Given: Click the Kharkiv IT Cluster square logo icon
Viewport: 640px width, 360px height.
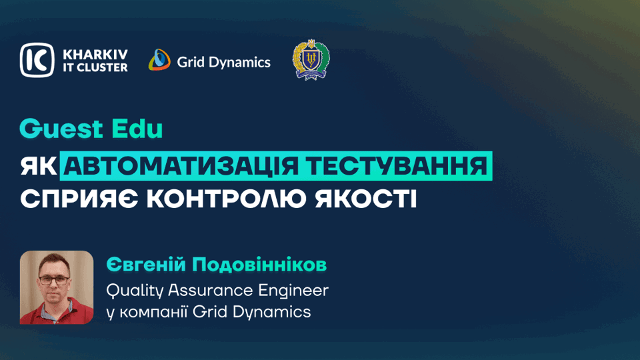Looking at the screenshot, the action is tap(37, 60).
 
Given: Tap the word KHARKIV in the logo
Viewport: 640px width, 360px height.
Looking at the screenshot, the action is tap(95, 54).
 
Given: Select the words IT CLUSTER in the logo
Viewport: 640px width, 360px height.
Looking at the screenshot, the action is tap(95, 68).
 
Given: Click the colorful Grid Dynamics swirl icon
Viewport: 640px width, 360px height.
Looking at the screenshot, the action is tap(159, 60).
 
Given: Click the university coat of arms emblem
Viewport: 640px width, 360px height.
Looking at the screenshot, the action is tap(311, 59).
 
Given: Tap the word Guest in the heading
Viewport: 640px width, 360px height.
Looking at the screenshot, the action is tap(61, 129).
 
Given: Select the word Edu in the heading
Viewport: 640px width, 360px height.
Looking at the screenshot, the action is tap(137, 129).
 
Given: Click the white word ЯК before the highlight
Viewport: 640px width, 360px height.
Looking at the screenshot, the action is tap(39, 166).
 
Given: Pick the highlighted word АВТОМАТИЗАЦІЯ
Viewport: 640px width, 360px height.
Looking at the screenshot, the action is tap(181, 166).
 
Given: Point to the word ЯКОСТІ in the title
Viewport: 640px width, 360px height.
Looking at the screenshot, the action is tap(366, 199).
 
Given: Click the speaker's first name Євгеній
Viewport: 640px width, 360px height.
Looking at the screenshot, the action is tap(146, 265).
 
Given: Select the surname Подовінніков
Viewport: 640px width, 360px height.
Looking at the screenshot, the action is tap(259, 265).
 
